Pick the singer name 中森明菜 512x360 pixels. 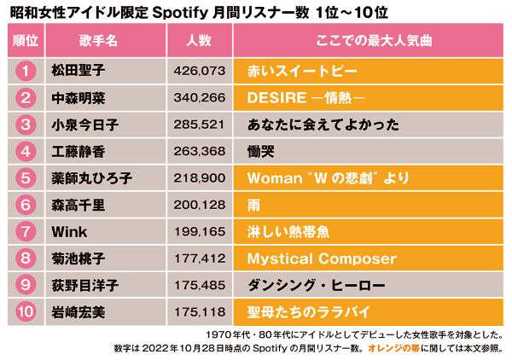(x=76, y=97)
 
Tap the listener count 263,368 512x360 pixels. (x=199, y=151)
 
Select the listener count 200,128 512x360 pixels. (x=199, y=205)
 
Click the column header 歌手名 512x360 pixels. (x=93, y=40)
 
